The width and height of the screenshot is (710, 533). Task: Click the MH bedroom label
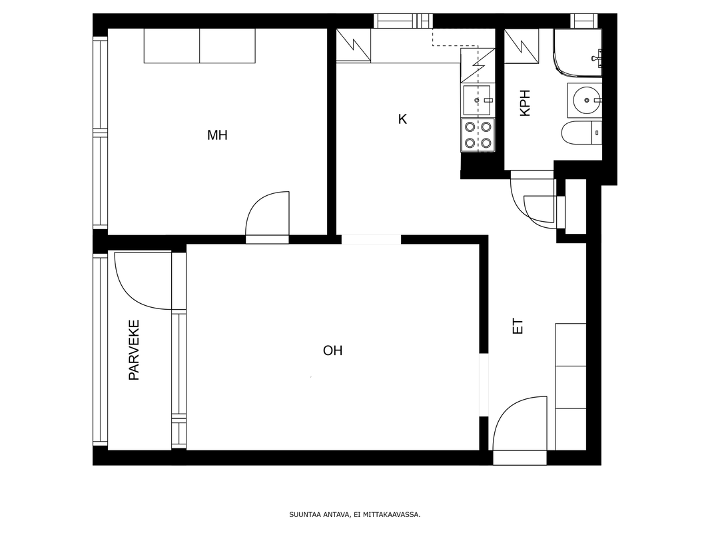coord(217,135)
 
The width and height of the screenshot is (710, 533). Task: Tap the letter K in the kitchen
coord(402,119)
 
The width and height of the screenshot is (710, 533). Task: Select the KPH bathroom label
coord(525,103)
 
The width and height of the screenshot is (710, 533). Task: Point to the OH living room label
coord(332,350)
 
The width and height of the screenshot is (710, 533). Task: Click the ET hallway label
coord(518,326)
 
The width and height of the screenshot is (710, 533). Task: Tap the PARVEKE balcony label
coord(134,350)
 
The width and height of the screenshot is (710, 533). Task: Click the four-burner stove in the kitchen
coord(478,135)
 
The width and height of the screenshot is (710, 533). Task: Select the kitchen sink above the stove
coord(476,100)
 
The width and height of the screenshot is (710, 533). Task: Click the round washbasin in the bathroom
coord(587,100)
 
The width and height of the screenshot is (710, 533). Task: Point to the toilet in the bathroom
coord(581,133)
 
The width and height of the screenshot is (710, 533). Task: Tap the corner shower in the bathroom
coord(577,52)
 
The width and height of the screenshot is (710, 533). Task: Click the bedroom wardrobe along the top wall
coord(199,46)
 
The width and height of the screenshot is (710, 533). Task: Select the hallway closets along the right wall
coord(571,386)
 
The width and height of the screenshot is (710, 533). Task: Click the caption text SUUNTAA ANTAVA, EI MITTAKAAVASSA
coord(354,515)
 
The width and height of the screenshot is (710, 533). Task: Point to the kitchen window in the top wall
coord(403,21)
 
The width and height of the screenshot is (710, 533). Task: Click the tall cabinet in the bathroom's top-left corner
coord(522,46)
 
